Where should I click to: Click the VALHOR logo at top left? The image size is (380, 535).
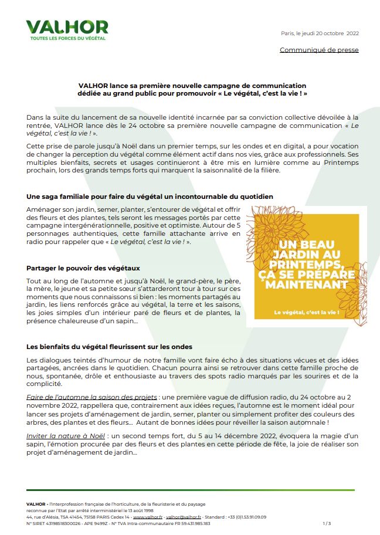67,27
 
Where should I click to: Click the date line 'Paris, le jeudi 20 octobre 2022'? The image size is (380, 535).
320,33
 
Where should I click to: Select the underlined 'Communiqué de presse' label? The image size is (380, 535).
319,50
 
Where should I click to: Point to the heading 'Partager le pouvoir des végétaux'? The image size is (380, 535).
83,267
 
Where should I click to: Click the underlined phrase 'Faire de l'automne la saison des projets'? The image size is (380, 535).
91,397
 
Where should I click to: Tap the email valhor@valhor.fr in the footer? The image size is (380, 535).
183,517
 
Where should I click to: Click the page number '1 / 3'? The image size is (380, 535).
327,523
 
